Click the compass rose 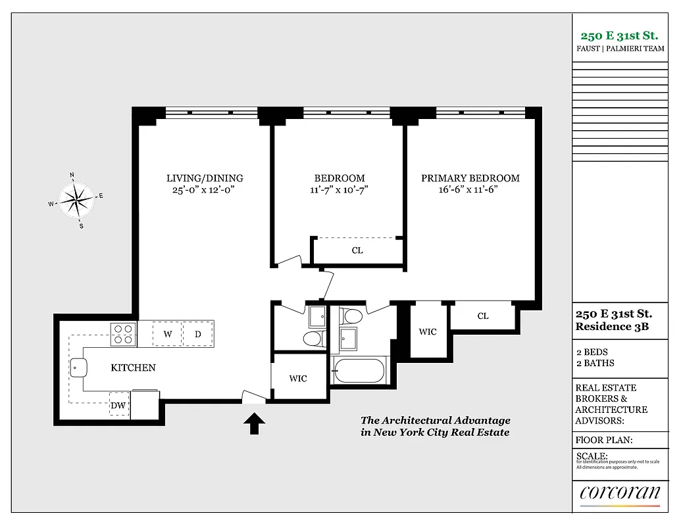point(78,199)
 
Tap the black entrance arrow point(255,423)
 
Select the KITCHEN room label point(133,368)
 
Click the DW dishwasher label point(118,406)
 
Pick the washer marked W point(168,334)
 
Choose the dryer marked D point(197,334)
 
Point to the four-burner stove point(123,334)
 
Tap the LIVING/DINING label point(205,178)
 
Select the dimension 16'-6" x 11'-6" point(470,189)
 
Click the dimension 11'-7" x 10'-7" point(339,189)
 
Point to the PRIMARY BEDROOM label point(470,178)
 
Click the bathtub point(359,371)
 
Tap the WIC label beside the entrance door point(298,379)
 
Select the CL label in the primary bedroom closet point(483,316)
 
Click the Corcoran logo point(620,493)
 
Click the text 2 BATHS point(595,363)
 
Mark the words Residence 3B point(612,327)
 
